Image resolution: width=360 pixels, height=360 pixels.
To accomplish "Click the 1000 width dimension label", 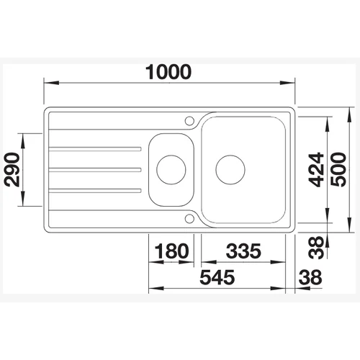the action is (168, 72).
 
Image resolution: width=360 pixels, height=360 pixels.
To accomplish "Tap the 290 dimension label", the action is (12, 170).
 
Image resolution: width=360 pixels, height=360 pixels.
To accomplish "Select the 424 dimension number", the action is (316, 170).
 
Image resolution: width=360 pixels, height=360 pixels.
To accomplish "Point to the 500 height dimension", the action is (338, 170).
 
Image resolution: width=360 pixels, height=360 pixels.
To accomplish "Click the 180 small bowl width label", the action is (171, 251).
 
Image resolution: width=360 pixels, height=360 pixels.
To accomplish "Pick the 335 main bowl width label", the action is (243, 251).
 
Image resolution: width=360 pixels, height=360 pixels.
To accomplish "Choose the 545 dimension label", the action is (217, 277).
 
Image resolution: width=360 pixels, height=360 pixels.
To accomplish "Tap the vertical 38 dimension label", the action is (316, 248).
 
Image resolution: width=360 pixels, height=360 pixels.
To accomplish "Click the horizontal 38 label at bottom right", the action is (310, 277).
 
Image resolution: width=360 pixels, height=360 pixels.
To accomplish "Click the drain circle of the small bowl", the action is (171, 170).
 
